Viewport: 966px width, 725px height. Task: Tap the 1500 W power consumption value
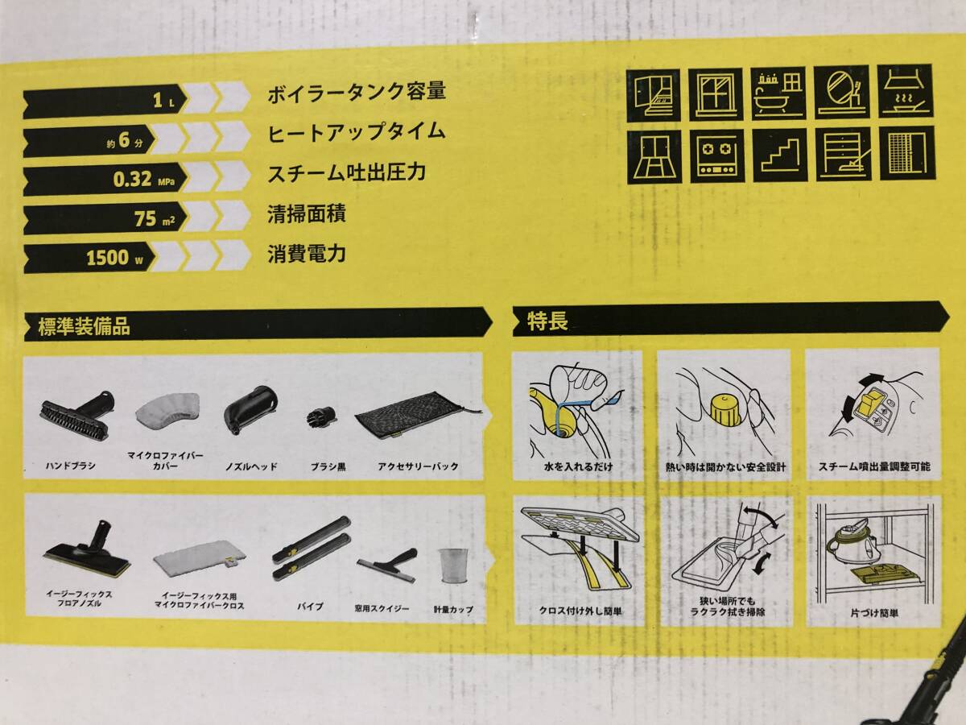pos(109,259)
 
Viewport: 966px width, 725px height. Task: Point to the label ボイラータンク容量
pos(356,92)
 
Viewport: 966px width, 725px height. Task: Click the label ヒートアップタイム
pos(356,132)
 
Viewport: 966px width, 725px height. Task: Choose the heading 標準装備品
pos(84,326)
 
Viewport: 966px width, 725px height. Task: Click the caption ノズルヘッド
pos(251,466)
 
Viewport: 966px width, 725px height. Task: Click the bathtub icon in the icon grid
pos(778,93)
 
